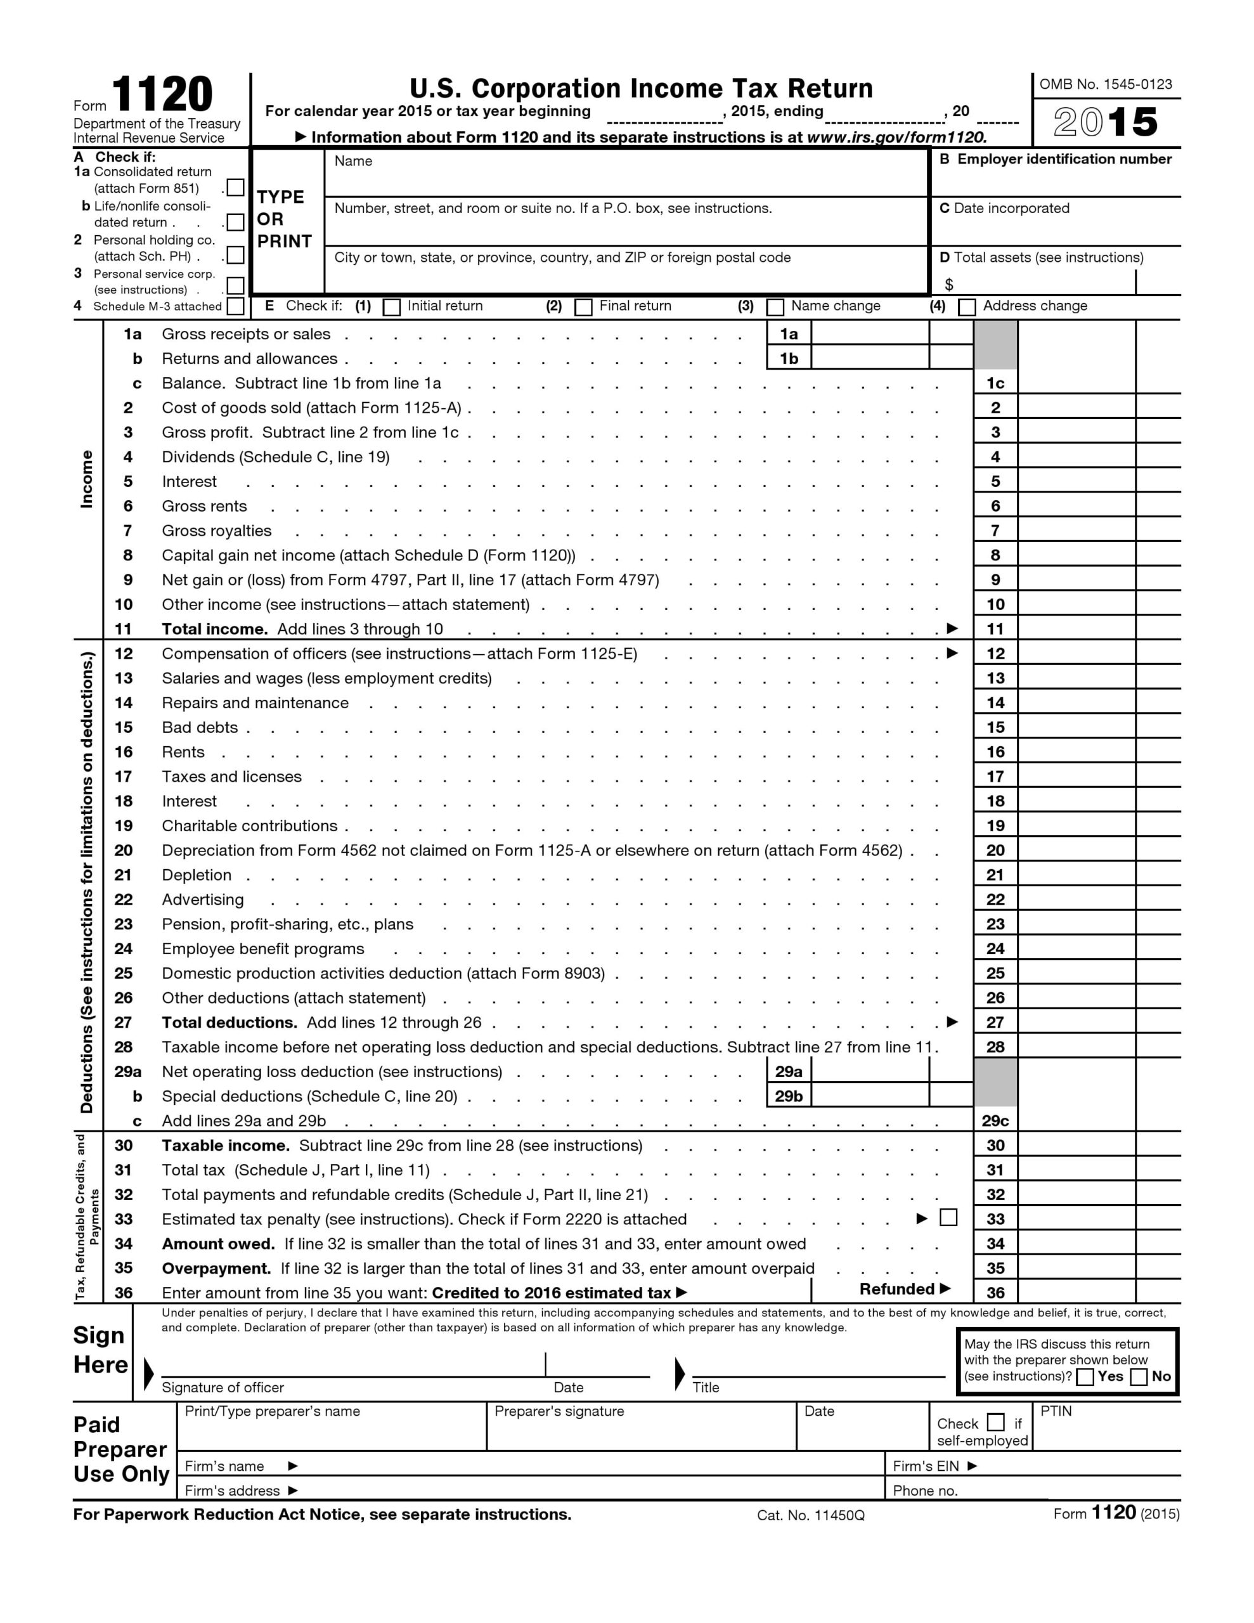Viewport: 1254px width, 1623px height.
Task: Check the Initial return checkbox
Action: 391,307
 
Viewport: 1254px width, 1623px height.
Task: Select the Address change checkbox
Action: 966,307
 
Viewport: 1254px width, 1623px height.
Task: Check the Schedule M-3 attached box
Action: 235,306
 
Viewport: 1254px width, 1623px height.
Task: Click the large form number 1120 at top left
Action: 162,95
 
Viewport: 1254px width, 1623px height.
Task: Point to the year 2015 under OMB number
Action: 1106,122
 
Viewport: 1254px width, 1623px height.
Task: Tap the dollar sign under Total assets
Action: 948,285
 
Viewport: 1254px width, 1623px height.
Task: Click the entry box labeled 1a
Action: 870,333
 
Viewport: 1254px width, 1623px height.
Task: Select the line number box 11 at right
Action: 995,629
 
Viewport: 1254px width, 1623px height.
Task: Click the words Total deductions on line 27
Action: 229,1023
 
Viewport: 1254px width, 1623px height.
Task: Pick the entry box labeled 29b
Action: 870,1096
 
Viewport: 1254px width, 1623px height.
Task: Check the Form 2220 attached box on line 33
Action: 948,1217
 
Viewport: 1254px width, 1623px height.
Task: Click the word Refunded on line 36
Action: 896,1290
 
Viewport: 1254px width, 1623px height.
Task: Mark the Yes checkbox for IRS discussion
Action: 1085,1377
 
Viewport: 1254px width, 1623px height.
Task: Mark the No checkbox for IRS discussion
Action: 1138,1377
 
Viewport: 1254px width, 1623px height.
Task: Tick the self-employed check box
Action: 995,1423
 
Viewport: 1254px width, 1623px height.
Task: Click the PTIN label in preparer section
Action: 1056,1411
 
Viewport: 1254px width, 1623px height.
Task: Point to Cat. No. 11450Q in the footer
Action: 810,1515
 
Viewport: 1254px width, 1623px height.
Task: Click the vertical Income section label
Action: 87,479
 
